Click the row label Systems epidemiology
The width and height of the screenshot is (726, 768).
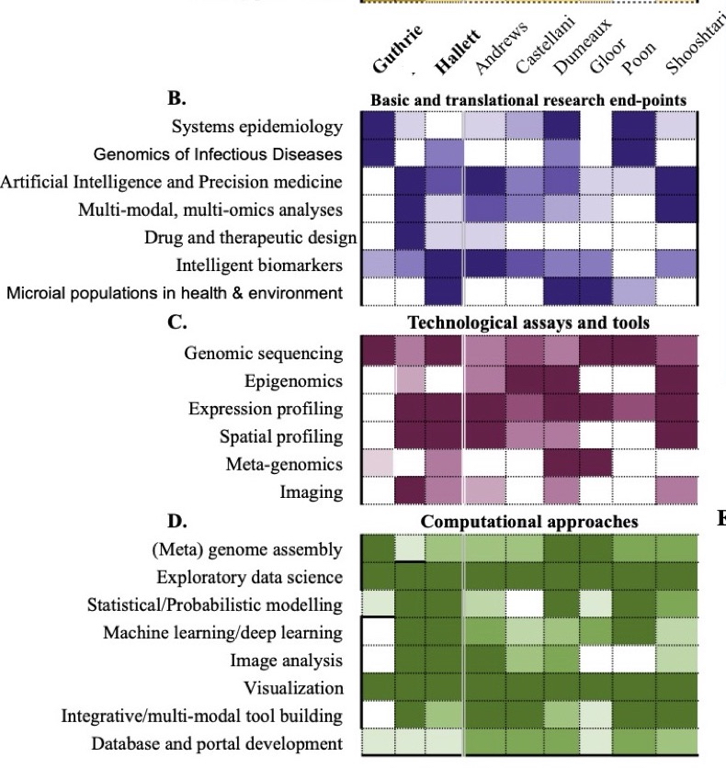tap(257, 127)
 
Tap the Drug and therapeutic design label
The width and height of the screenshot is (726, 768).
tap(250, 238)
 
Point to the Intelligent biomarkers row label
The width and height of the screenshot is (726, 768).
tap(260, 265)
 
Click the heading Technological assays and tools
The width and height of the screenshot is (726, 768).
tap(528, 322)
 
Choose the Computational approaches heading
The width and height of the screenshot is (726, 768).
tap(528, 522)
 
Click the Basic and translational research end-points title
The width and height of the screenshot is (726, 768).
tap(528, 100)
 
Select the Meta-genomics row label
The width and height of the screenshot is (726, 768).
tap(284, 464)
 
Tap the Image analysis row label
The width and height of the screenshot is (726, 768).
tap(287, 661)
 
